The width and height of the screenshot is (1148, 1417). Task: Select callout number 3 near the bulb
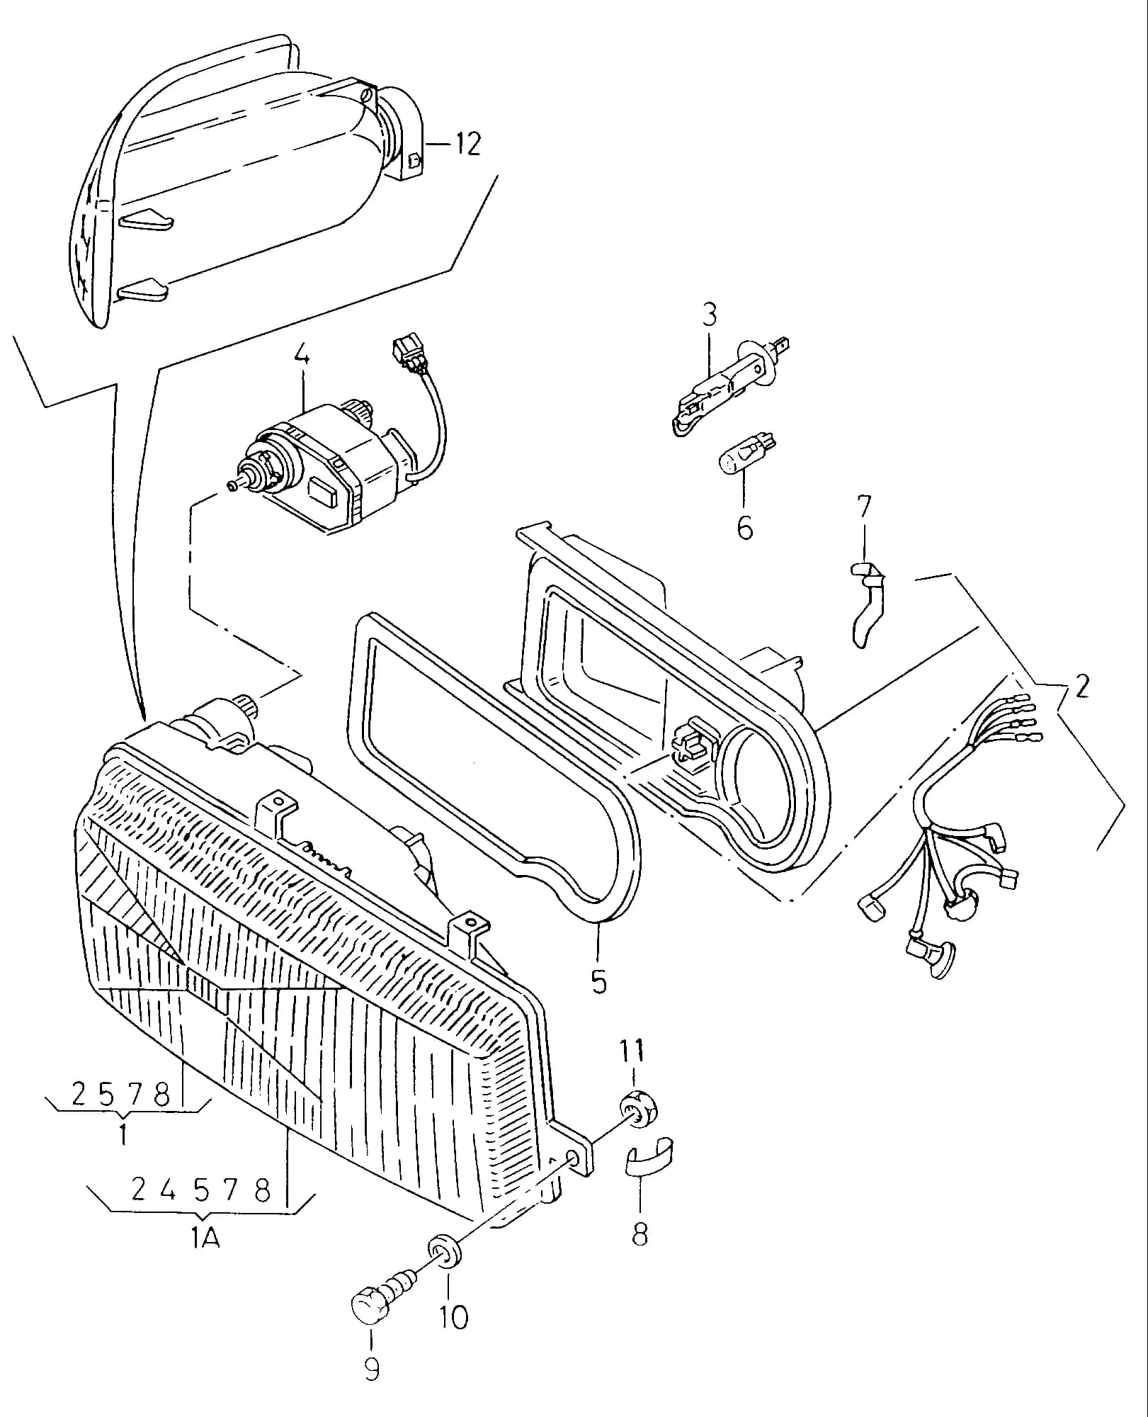(710, 315)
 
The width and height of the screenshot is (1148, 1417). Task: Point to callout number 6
(744, 528)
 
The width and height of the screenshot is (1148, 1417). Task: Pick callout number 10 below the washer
(453, 1316)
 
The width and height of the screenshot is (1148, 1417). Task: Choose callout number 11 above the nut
(632, 1050)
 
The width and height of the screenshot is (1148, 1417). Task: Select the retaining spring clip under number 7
(867, 602)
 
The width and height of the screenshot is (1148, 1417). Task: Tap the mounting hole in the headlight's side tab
(574, 1159)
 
